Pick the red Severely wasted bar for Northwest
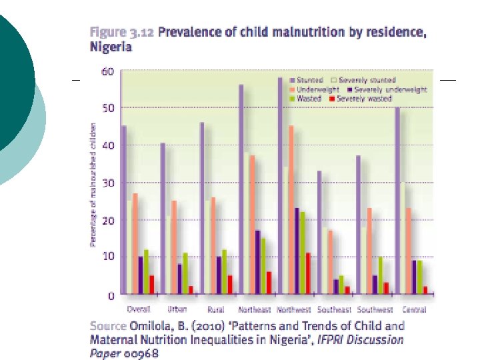click(x=308, y=273)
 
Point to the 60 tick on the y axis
click(x=107, y=71)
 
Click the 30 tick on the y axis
click(x=107, y=183)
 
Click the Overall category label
click(x=138, y=310)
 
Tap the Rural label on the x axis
click(x=215, y=310)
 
